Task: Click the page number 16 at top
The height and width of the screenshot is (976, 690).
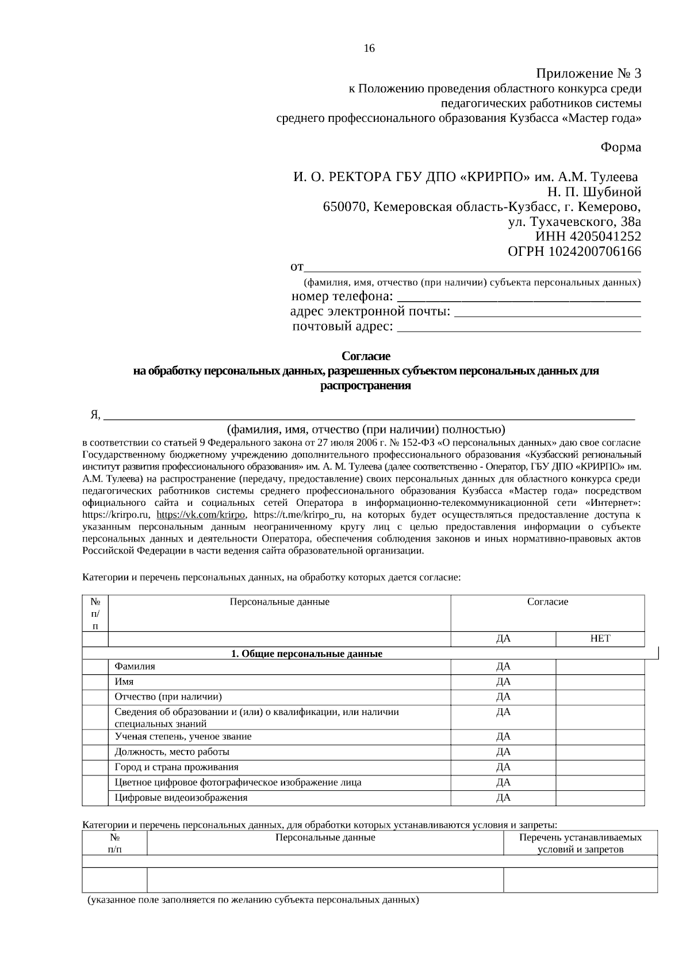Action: (369, 48)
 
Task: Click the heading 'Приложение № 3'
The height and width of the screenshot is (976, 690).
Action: (588, 74)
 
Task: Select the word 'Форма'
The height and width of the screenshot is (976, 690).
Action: (620, 147)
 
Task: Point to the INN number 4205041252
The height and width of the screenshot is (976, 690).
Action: (605, 236)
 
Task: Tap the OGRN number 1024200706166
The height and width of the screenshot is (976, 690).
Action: (595, 251)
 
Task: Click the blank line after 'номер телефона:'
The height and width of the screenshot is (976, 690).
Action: (519, 299)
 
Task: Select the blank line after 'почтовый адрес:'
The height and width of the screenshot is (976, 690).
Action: (519, 329)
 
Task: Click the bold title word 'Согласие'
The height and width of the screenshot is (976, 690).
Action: (366, 356)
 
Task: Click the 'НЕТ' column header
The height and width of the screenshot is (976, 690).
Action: (600, 639)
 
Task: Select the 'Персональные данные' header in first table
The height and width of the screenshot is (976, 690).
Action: (279, 602)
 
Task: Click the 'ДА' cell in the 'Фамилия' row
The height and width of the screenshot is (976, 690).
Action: (503, 667)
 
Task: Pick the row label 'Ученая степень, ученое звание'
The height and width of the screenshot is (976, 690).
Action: (183, 736)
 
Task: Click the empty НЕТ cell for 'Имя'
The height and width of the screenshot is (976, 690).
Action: (600, 682)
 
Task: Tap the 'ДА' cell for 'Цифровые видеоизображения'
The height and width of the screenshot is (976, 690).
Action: (503, 798)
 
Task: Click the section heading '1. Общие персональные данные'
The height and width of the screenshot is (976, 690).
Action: (306, 654)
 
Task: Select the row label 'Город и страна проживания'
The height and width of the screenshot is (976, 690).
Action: (177, 767)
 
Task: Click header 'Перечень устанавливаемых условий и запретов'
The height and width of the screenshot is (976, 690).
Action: (580, 843)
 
